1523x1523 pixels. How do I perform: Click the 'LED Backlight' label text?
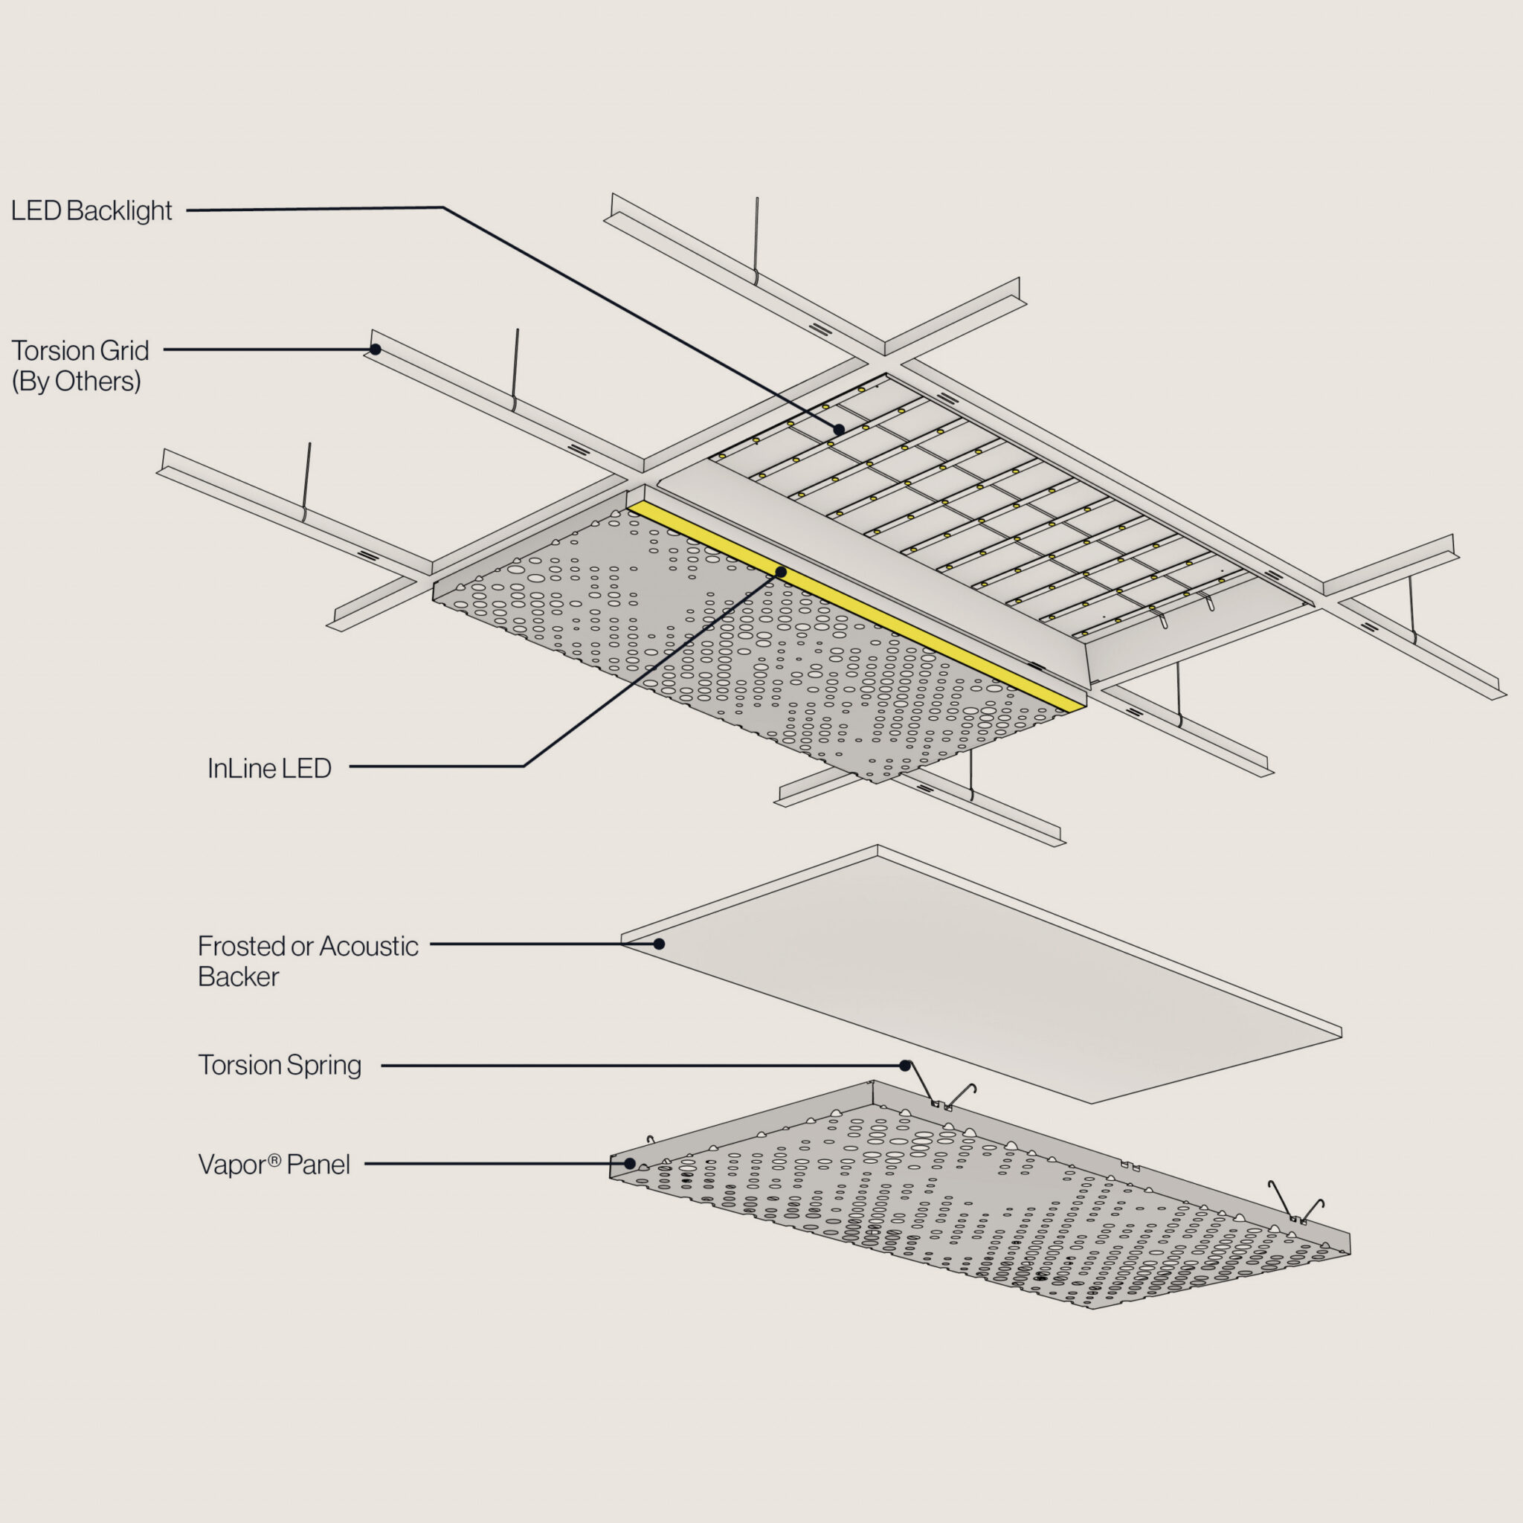[x=91, y=211]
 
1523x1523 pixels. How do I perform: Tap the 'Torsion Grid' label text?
[x=80, y=350]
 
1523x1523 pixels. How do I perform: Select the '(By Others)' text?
[x=77, y=381]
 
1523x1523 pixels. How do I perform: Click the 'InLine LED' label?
[x=268, y=769]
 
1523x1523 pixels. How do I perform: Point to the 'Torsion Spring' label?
[x=280, y=1065]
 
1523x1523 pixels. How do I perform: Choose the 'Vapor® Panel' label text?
[x=274, y=1165]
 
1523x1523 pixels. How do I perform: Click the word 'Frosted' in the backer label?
[x=241, y=946]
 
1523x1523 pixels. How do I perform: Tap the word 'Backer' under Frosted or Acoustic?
[x=238, y=976]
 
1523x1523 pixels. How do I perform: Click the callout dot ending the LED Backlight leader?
[x=839, y=430]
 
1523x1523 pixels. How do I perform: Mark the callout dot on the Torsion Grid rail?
[x=376, y=350]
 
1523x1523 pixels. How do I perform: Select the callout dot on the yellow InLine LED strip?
[x=780, y=572]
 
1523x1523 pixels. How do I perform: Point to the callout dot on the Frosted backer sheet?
[x=659, y=944]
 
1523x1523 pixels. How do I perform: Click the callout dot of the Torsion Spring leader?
[x=905, y=1065]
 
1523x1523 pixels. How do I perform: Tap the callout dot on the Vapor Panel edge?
[x=630, y=1163]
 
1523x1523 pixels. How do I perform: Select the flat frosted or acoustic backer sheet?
[x=985, y=977]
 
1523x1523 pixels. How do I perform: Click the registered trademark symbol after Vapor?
[x=274, y=1159]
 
